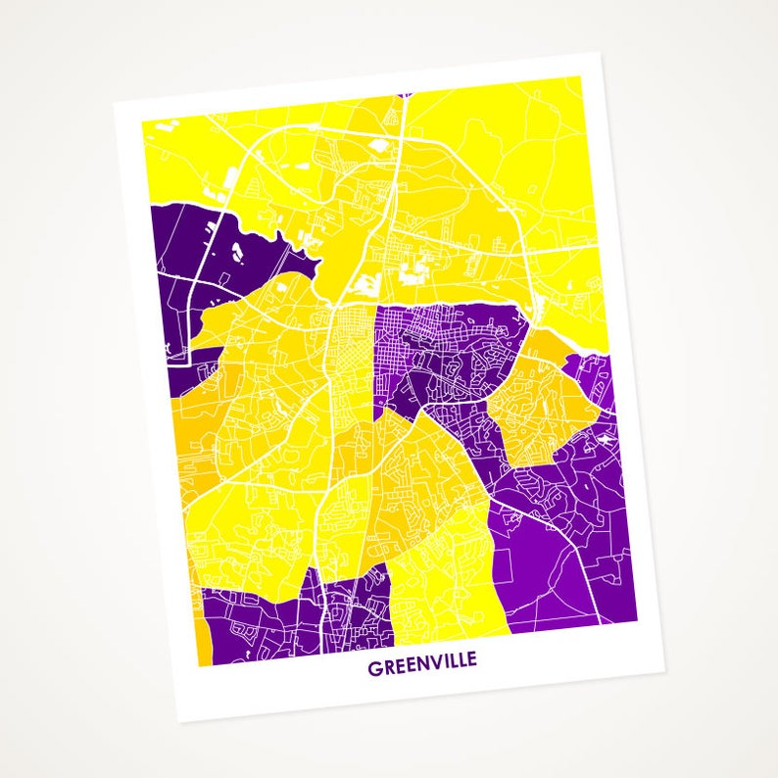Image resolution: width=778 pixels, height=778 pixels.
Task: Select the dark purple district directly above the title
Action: pos(294,617)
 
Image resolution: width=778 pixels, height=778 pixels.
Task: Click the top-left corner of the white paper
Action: pos(114,101)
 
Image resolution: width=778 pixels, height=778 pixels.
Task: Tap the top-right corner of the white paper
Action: pos(599,52)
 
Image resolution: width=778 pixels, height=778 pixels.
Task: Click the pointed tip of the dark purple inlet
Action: pos(321,261)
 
